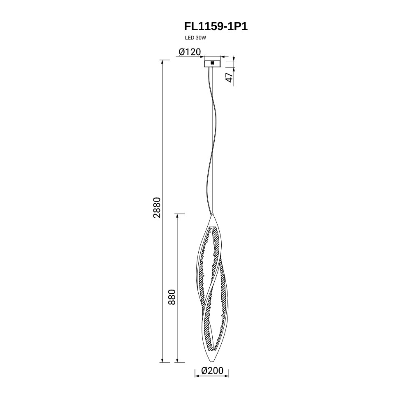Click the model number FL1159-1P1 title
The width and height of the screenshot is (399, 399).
(216, 26)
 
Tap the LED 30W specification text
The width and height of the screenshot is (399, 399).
(195, 38)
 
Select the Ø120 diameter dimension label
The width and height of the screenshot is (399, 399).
(190, 52)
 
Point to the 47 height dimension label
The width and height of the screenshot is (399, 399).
(230, 77)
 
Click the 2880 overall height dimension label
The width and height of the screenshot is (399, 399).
(158, 207)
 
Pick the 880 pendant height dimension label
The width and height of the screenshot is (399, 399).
(172, 297)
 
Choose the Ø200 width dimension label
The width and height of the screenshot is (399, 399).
(212, 371)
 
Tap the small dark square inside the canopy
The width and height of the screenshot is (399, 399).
(212, 63)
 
